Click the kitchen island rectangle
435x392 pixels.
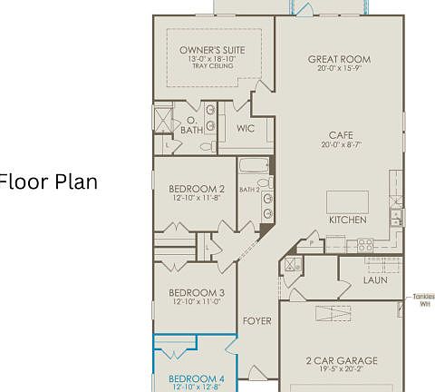(x=347, y=200)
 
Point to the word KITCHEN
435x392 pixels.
(x=347, y=220)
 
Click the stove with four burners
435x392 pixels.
(x=365, y=244)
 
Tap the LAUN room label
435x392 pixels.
(x=375, y=279)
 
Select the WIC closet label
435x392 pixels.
(x=245, y=129)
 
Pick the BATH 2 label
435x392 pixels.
(x=249, y=190)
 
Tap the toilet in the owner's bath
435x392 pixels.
(x=205, y=145)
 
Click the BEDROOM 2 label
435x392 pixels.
(x=196, y=190)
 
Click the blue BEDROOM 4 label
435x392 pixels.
(x=196, y=377)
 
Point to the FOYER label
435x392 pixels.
(x=257, y=321)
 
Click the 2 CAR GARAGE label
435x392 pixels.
(x=341, y=360)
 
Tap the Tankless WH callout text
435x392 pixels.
(x=423, y=300)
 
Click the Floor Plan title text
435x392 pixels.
(x=49, y=181)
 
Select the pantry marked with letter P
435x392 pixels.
(x=314, y=243)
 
